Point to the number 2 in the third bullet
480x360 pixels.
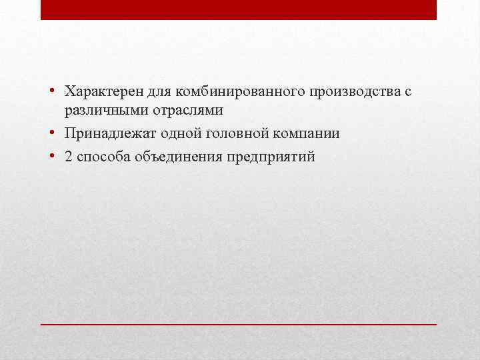(69, 157)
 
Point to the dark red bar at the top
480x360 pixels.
(239, 10)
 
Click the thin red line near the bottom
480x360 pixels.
(239, 323)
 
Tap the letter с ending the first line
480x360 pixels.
(407, 91)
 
